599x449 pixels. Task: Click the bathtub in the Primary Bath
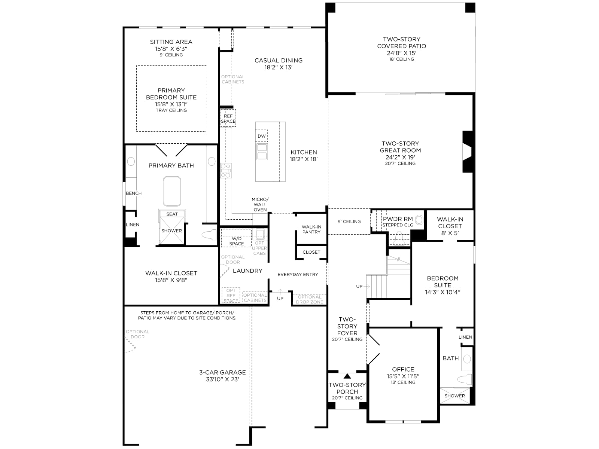point(172,191)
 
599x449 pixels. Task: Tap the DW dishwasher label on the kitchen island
point(261,136)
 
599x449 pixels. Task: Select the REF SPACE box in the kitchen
point(228,118)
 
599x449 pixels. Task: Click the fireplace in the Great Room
point(467,152)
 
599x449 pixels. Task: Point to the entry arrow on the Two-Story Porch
point(347,376)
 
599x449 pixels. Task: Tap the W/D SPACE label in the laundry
point(237,241)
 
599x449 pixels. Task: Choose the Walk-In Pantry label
point(311,229)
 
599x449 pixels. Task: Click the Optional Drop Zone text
point(310,299)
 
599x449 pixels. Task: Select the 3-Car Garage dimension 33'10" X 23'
point(222,379)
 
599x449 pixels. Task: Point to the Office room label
point(403,369)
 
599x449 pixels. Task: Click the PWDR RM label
point(398,219)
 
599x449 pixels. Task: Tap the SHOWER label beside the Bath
point(454,396)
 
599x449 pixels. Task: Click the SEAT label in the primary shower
point(172,214)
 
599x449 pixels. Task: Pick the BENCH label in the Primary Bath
point(134,193)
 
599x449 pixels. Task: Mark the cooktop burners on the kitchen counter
point(226,170)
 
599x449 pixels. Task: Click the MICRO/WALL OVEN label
point(260,204)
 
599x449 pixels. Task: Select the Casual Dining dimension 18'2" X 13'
point(279,67)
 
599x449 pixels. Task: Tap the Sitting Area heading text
point(171,42)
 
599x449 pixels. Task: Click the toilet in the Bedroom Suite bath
point(465,379)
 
